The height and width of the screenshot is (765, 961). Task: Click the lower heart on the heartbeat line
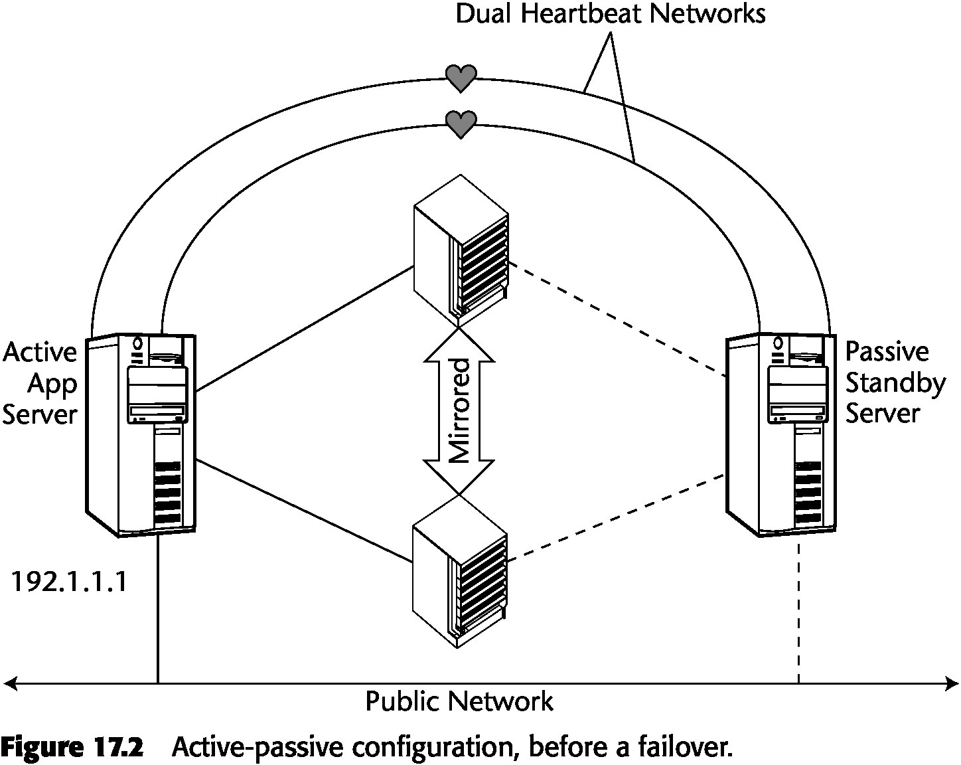pos(461,124)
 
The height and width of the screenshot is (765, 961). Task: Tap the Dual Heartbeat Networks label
pos(610,14)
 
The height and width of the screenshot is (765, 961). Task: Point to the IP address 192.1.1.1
pos(69,582)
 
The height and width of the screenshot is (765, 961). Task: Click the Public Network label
pos(459,701)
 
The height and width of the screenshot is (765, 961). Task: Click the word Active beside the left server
pos(39,352)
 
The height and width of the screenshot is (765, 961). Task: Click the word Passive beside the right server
pos(887,352)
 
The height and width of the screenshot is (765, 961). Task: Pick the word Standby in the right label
pos(895,383)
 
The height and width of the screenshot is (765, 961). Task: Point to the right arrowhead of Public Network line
pos(953,683)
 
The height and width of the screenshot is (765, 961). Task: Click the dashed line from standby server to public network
pos(799,611)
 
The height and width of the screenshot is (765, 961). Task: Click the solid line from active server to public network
pos(158,611)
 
